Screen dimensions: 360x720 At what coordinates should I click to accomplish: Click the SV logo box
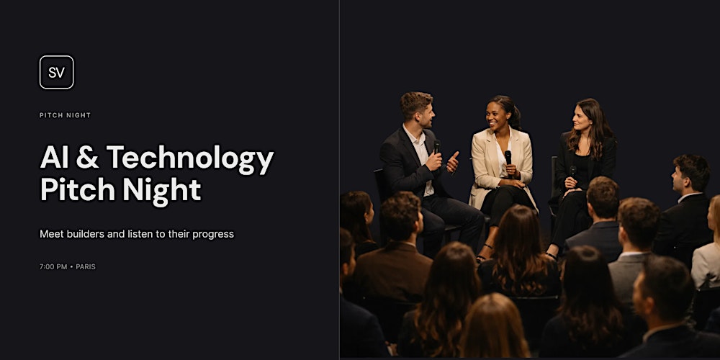point(56,72)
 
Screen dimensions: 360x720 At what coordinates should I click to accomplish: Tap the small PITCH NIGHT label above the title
point(65,115)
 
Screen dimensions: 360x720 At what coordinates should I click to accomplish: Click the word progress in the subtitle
point(212,234)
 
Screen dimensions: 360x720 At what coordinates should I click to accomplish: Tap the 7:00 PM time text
point(53,266)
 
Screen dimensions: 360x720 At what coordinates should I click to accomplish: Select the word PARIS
point(86,266)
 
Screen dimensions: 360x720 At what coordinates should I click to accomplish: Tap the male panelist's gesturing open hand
point(452,162)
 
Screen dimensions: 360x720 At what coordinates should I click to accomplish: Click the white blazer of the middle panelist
point(485,162)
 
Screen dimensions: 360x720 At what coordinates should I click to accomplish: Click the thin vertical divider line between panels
point(339,180)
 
